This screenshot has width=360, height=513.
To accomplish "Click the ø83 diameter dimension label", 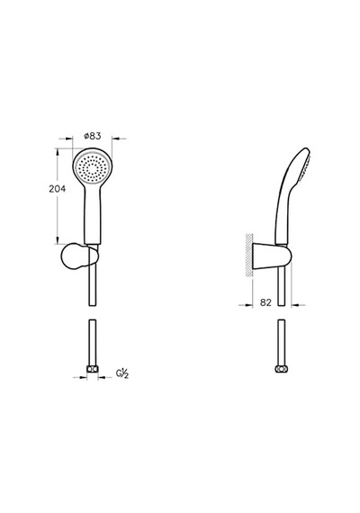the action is [x=93, y=136].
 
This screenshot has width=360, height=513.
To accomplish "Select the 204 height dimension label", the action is [x=58, y=189].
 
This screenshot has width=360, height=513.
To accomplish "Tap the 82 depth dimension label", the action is [x=265, y=302].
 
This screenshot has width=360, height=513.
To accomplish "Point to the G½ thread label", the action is [x=122, y=373].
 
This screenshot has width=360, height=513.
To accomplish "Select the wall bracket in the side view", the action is [x=271, y=256].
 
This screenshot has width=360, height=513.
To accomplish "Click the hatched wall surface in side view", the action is [x=249, y=256].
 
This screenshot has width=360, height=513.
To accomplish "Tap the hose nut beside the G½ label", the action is [x=93, y=369].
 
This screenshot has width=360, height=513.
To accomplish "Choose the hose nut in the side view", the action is [x=281, y=369].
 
